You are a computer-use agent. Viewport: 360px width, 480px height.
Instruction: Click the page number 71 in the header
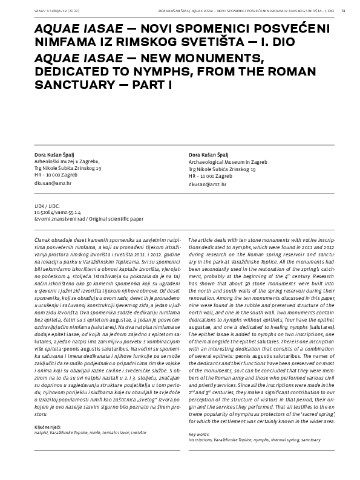click(344, 10)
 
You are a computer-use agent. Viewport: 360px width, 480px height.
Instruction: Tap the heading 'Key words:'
click(200, 434)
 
